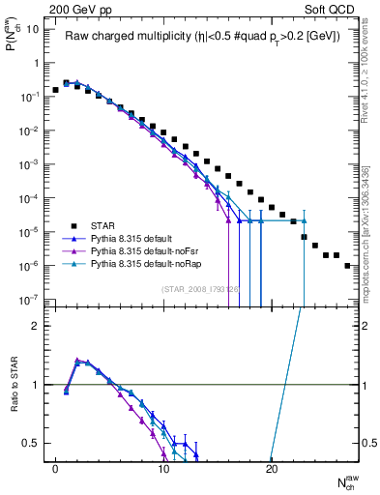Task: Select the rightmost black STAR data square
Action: (346, 265)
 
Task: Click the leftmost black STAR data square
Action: (56, 90)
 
